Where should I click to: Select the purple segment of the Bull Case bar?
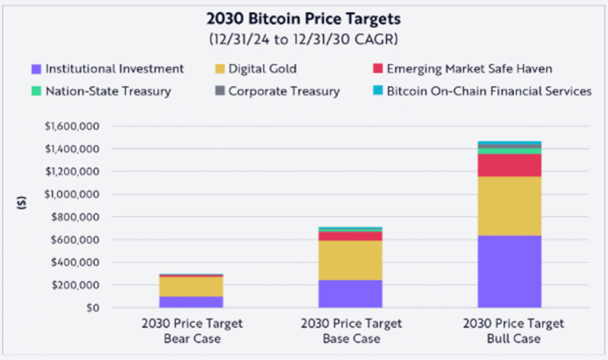point(509,271)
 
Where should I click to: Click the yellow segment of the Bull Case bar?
point(509,206)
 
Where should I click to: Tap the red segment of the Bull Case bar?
point(509,165)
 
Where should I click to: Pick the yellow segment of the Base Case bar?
point(350,260)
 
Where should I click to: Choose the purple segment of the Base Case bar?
point(350,294)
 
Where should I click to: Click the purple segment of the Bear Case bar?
point(191,301)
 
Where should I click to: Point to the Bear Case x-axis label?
point(191,331)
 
